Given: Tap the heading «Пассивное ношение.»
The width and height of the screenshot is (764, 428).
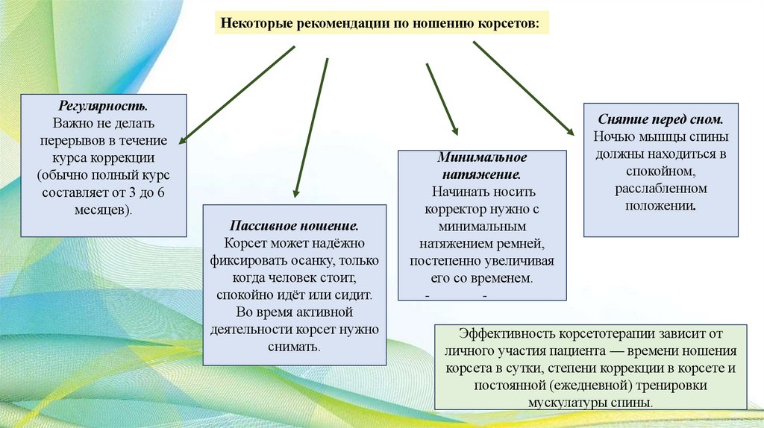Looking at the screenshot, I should [x=295, y=225].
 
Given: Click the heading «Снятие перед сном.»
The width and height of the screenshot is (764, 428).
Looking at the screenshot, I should [x=661, y=119].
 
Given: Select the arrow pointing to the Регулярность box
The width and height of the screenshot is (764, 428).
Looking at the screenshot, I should [x=237, y=94].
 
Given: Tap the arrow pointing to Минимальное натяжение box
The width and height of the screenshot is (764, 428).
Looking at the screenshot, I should [x=442, y=99].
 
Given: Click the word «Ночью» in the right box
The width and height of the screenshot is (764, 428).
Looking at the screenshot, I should [x=613, y=137].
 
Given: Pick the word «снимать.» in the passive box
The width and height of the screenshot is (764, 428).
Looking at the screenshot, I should [x=295, y=347].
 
